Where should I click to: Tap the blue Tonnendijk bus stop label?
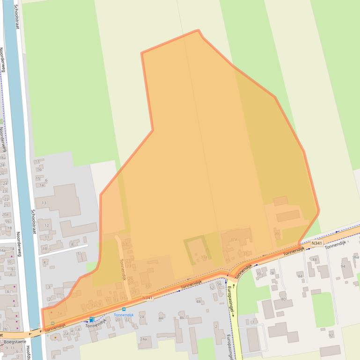124,315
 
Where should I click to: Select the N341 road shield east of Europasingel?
317,243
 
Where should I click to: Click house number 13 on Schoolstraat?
44,202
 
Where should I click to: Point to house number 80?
283,299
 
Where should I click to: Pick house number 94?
343,266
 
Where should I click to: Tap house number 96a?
356,257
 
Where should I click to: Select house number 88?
314,259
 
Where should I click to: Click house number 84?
300,276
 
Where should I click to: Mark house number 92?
331,335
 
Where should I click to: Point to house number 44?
161,318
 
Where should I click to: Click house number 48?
198,302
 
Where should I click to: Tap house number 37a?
234,239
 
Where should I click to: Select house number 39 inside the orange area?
277,234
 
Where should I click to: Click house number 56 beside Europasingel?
219,284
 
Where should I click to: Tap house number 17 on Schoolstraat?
37,161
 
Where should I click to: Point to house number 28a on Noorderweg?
3,158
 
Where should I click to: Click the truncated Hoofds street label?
28,352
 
